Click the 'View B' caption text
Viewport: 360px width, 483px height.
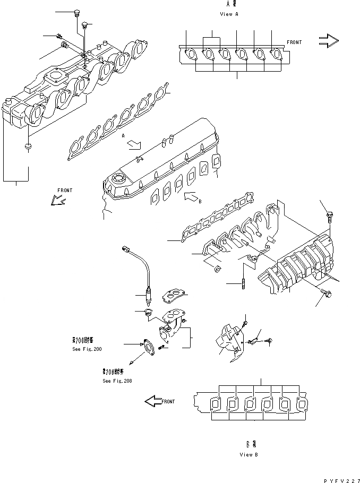click(x=248, y=454)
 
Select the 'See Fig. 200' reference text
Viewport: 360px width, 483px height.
click(x=87, y=350)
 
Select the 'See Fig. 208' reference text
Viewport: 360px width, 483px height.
click(x=117, y=381)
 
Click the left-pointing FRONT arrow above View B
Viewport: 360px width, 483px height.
click(x=154, y=401)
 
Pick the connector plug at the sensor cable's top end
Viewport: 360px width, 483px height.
click(x=126, y=247)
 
